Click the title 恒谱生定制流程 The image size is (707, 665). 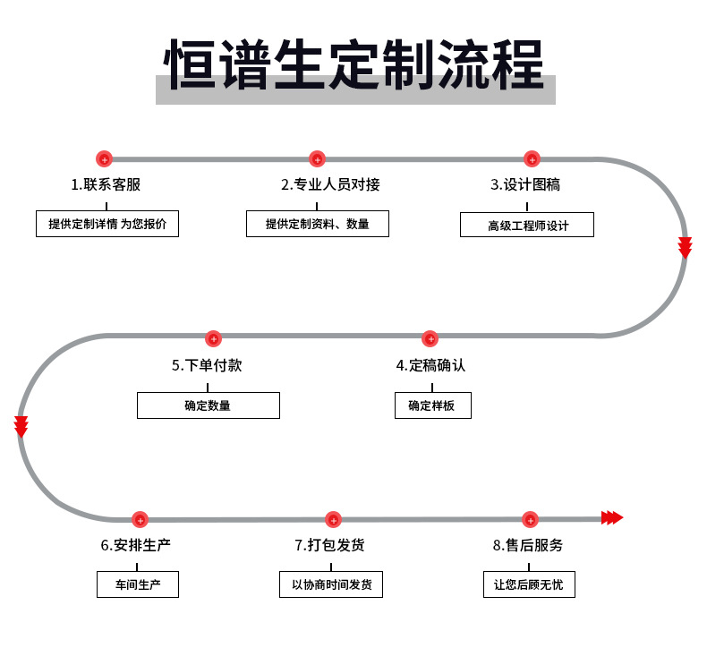tap(354, 65)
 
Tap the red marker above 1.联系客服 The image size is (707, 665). tap(104, 159)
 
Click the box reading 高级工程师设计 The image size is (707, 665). tap(527, 225)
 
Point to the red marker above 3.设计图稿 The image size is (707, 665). tap(532, 159)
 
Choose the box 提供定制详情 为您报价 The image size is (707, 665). tap(107, 224)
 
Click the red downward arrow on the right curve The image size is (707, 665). tap(685, 248)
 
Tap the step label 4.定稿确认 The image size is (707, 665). tap(430, 365)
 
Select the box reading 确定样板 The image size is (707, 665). tap(432, 405)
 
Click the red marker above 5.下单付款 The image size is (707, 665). tap(213, 339)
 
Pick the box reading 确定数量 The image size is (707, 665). tap(208, 405)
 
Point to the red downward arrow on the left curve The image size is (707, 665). tap(21, 427)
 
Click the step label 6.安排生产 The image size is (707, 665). tap(137, 545)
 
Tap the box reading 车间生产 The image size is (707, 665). tap(138, 585)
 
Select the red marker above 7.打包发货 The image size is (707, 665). tap(333, 519)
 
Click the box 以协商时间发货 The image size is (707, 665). tap(331, 585)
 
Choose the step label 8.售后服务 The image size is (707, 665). tap(528, 545)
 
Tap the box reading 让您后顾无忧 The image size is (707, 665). tap(528, 585)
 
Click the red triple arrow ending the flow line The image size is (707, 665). tap(612, 517)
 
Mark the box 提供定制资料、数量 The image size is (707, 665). tap(318, 224)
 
